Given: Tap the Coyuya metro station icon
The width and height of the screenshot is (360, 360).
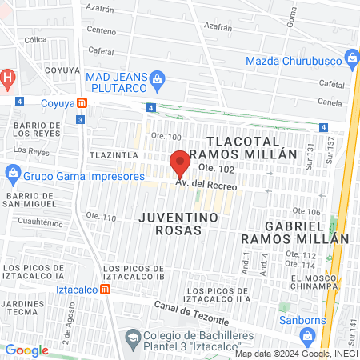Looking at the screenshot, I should point(82,102).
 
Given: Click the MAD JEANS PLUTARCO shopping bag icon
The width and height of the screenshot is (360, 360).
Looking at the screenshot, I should point(158,78).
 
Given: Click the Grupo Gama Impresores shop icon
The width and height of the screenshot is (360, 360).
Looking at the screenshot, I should point(12,173).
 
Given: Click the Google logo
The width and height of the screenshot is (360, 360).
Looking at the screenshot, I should point(26,350).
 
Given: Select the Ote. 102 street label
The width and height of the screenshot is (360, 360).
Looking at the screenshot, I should point(216,168).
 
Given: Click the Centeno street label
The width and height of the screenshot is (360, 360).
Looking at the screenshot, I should point(102,30).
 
